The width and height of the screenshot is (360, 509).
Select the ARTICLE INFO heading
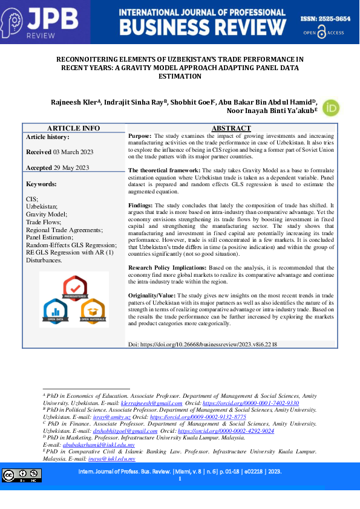[73, 128]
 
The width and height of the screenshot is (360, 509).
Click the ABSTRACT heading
[231, 128]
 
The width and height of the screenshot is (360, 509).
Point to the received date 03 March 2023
[71, 152]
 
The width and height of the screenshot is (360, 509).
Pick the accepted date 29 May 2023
[71, 167]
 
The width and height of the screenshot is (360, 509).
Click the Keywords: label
[41, 184]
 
